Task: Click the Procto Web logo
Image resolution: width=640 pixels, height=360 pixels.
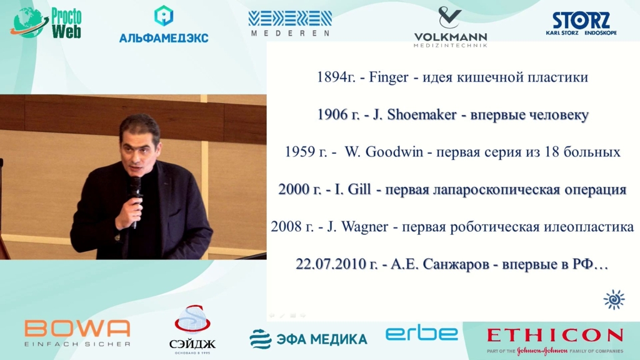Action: [46, 23]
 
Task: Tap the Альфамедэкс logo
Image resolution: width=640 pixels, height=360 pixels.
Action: [164, 24]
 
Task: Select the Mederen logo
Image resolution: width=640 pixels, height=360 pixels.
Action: [290, 23]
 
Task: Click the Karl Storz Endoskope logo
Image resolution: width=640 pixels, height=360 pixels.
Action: [581, 23]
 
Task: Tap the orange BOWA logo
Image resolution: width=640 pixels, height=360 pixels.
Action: [77, 332]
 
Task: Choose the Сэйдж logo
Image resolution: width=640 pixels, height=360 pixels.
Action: [192, 329]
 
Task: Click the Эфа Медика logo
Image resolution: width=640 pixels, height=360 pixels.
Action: [308, 339]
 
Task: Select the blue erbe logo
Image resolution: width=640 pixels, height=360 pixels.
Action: [422, 334]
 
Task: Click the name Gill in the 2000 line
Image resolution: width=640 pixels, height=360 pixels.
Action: [358, 189]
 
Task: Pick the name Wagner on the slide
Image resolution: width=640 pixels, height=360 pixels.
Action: [364, 227]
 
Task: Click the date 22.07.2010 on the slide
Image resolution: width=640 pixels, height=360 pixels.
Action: [331, 264]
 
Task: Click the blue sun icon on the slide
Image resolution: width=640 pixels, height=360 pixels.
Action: [614, 300]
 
